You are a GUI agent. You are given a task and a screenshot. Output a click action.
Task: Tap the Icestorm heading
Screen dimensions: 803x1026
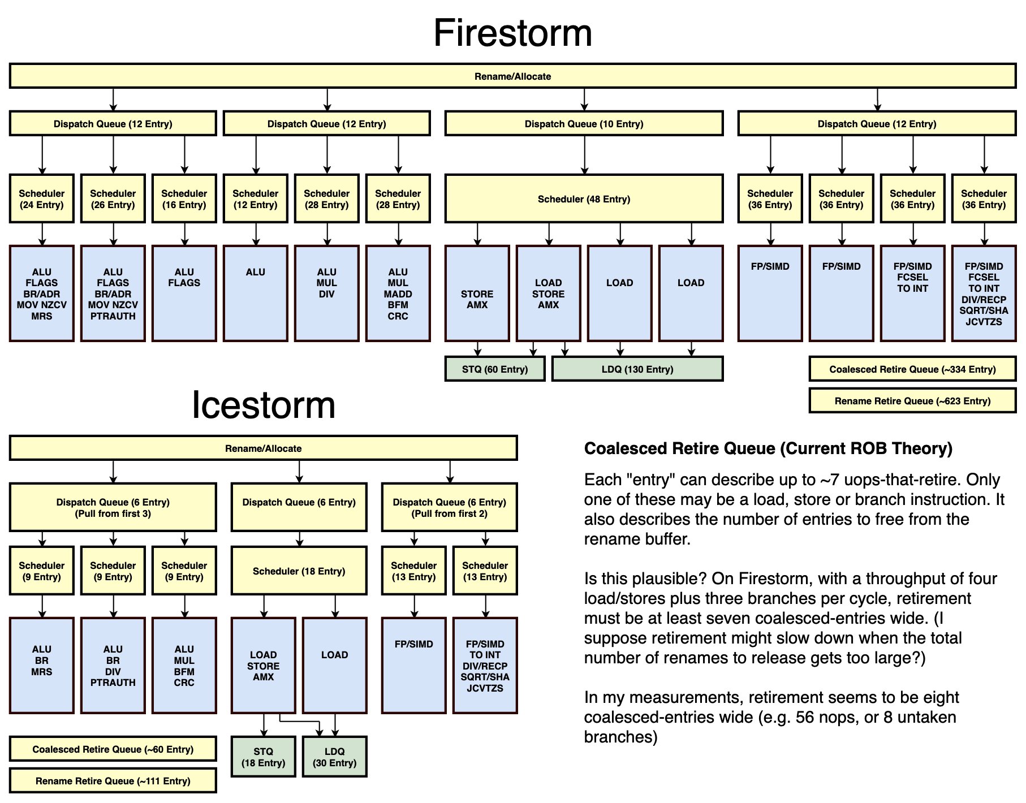click(x=264, y=405)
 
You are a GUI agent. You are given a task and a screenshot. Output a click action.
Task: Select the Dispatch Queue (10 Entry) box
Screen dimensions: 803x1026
click(x=584, y=124)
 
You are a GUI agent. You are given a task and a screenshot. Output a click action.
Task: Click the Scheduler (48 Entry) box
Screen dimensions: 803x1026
click(x=584, y=199)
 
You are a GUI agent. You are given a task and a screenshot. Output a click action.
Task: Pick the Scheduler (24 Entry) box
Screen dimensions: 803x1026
click(x=42, y=199)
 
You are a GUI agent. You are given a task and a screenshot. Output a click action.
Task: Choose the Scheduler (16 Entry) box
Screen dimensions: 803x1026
click(x=184, y=199)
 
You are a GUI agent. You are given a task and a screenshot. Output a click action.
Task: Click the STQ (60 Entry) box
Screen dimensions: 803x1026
click(x=495, y=369)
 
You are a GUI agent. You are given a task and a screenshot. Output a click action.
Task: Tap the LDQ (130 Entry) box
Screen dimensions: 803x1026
click(x=637, y=369)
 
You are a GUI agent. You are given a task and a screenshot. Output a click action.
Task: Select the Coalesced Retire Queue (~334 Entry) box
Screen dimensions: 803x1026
click(x=912, y=369)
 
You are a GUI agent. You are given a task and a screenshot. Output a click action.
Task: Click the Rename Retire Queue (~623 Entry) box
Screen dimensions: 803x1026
click(x=912, y=401)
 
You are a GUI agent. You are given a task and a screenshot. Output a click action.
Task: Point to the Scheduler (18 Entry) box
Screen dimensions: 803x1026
click(x=299, y=571)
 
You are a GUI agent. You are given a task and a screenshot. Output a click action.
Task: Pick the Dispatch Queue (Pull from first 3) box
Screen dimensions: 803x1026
click(x=113, y=507)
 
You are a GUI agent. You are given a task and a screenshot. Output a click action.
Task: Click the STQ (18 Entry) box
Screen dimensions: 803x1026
click(x=264, y=757)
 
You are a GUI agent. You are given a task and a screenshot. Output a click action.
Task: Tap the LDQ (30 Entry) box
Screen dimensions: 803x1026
click(x=335, y=757)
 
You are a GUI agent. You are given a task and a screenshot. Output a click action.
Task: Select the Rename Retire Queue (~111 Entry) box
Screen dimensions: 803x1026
click(x=113, y=781)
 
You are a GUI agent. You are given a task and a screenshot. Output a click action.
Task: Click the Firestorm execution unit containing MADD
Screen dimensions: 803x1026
click(x=398, y=293)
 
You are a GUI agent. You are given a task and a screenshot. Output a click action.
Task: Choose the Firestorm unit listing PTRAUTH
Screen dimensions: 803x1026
click(x=113, y=293)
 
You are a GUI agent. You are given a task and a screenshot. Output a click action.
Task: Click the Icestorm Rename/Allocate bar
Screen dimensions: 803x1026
click(x=264, y=448)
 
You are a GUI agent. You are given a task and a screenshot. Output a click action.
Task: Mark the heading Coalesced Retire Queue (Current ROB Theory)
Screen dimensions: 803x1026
click(x=768, y=448)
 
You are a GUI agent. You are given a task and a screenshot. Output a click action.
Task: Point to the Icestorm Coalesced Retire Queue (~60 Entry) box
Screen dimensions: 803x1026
click(x=113, y=749)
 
